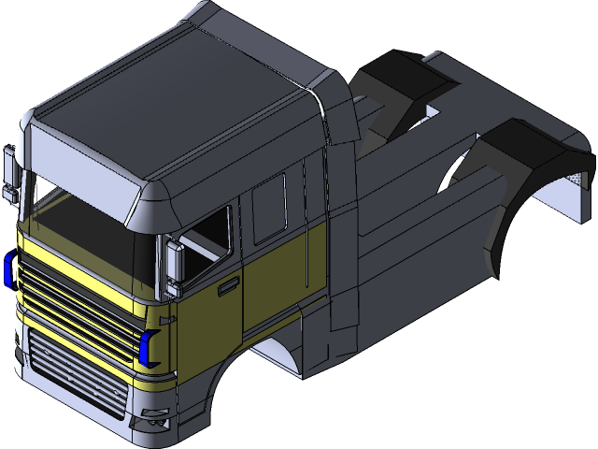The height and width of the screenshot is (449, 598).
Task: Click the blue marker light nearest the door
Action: click(146, 347)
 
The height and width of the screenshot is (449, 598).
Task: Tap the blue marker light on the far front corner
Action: click(8, 269)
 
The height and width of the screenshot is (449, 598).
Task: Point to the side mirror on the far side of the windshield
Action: click(10, 173)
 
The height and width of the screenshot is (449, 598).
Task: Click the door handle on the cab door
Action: click(226, 288)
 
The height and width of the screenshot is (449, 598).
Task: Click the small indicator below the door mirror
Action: click(171, 291)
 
